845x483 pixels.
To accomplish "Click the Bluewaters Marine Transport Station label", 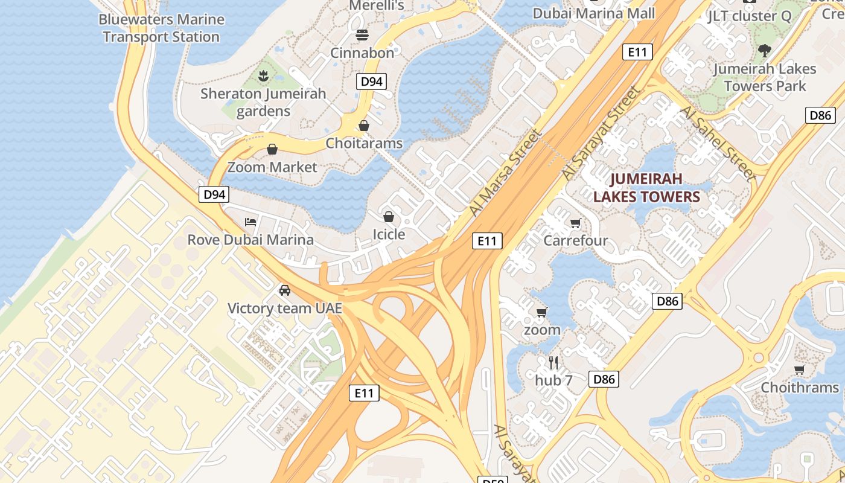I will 161,28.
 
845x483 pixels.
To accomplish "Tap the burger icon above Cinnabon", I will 362,35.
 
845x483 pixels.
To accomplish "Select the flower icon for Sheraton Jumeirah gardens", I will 263,76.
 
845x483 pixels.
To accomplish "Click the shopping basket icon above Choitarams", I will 363,126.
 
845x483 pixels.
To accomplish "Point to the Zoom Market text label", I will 272,167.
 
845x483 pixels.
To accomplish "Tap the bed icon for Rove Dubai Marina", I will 250,222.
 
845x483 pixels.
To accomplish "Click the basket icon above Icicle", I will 389,216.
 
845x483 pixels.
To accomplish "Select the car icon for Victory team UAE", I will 285,290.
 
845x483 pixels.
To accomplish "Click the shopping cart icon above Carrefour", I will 576,223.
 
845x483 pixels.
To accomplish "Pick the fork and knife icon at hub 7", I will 553,363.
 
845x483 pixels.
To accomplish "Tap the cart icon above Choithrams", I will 800,369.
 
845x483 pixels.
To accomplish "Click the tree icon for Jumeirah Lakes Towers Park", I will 765,50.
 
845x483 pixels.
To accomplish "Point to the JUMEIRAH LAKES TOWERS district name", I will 646,187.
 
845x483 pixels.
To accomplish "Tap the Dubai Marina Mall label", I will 594,13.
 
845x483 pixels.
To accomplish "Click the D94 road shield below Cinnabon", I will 371,82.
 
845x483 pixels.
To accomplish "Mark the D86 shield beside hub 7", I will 604,379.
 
